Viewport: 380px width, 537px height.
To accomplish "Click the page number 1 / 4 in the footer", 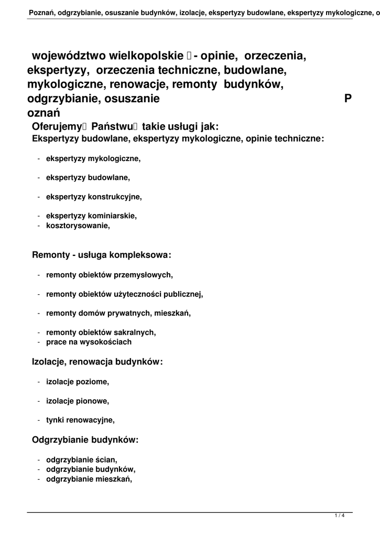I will click(x=340, y=517).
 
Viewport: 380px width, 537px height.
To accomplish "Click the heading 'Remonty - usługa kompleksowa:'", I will click(x=102, y=255).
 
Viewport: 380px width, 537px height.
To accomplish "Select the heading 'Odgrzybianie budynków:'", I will click(x=85, y=440).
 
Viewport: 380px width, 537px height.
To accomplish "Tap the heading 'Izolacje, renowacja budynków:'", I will click(x=97, y=362).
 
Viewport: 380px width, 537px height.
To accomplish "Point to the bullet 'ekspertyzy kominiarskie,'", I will click(x=91, y=216).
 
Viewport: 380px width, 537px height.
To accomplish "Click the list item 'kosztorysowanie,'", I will click(x=78, y=225).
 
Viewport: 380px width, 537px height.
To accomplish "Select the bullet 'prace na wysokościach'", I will click(x=89, y=342).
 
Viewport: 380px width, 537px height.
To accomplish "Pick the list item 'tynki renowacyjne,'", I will click(x=80, y=420).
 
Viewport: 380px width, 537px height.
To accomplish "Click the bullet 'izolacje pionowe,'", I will click(x=78, y=401).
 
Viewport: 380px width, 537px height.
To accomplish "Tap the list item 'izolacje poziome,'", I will click(x=78, y=382).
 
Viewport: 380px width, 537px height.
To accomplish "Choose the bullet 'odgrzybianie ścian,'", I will click(x=82, y=460).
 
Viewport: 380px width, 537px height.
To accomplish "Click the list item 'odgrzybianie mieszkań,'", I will click(x=89, y=479).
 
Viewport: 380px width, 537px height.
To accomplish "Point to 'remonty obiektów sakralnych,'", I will click(x=101, y=332).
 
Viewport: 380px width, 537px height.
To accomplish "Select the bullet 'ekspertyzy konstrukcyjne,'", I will click(x=94, y=197).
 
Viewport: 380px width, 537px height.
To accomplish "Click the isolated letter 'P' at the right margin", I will click(x=348, y=99).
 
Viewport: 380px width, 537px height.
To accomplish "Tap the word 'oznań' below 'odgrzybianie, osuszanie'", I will click(x=44, y=113).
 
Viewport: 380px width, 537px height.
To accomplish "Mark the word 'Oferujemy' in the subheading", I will click(x=54, y=126).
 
